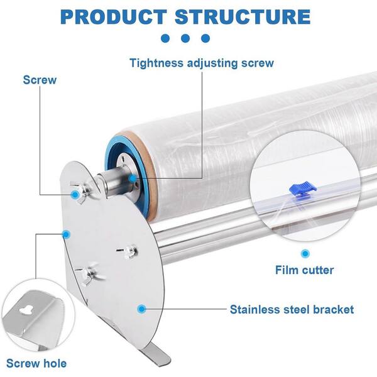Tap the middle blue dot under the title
[x=185, y=38]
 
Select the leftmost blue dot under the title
[x=165, y=38]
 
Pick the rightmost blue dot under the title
[x=205, y=38]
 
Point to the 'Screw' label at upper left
[x=40, y=80]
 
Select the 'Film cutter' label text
[x=305, y=271]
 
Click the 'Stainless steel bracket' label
[x=292, y=309]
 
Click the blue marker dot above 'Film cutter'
[x=305, y=253]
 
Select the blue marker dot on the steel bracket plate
[x=142, y=309]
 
